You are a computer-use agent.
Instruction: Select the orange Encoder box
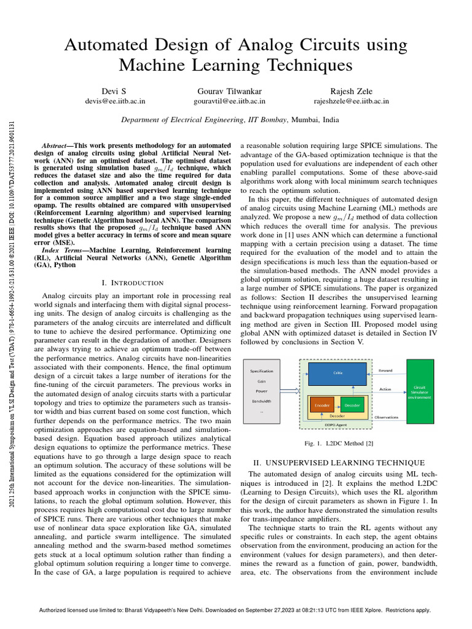point(322,405)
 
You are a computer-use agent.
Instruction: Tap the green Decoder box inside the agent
point(352,405)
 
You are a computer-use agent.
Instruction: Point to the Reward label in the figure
point(385,370)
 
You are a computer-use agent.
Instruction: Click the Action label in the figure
point(385,388)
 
